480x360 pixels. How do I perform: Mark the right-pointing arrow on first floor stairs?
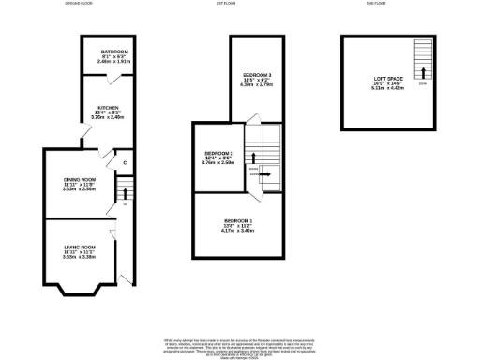265,172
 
